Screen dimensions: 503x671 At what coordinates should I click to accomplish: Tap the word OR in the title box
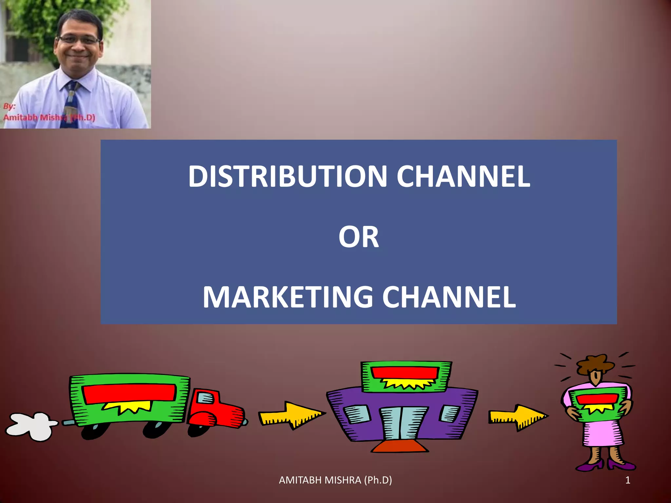point(358,237)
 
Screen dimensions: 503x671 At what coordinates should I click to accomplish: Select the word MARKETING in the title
point(288,297)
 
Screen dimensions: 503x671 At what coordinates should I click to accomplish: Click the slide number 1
point(628,480)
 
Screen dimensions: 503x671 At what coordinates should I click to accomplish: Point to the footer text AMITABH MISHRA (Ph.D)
point(335,480)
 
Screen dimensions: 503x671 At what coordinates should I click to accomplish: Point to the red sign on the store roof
point(405,372)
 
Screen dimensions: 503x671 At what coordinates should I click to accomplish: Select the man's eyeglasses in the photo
point(79,40)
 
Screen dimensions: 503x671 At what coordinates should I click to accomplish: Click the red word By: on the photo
point(10,106)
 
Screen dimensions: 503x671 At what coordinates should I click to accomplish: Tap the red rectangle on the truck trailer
point(129,393)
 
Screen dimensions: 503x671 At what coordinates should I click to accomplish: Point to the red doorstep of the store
point(400,447)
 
